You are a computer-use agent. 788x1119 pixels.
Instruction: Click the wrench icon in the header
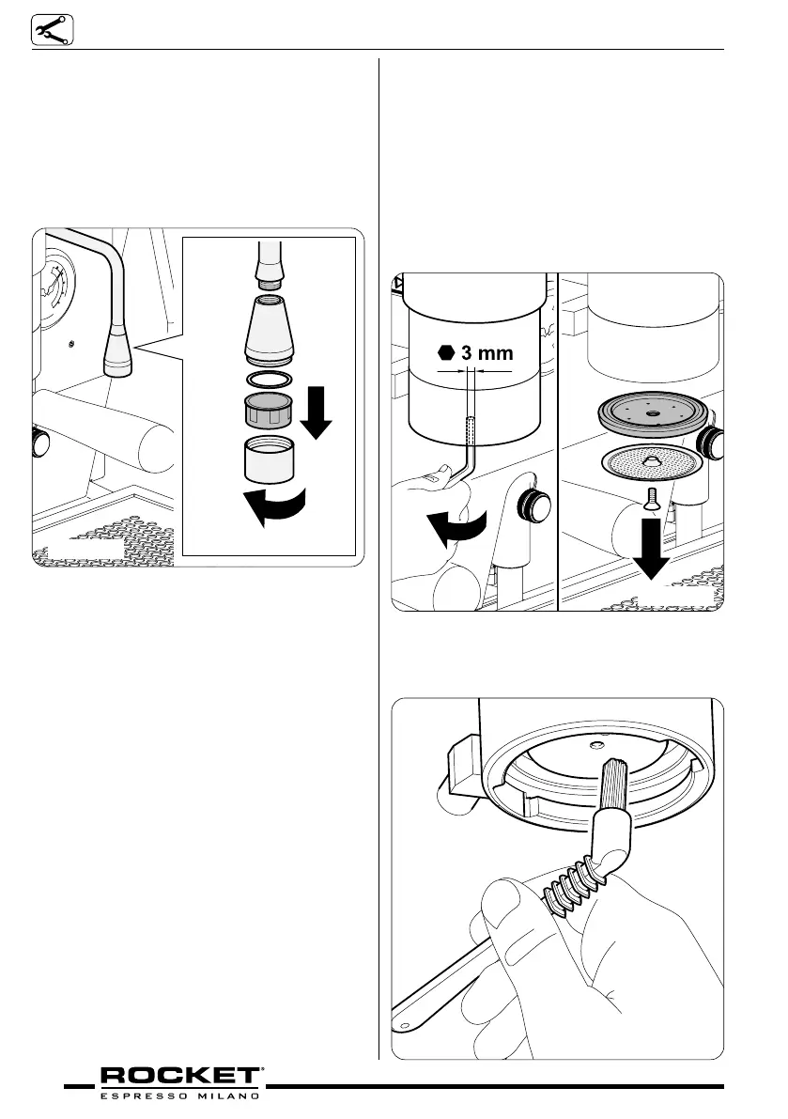45,31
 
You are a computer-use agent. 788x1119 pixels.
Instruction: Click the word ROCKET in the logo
180,1075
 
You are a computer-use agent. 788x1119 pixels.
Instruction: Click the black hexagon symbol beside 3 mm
447,354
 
